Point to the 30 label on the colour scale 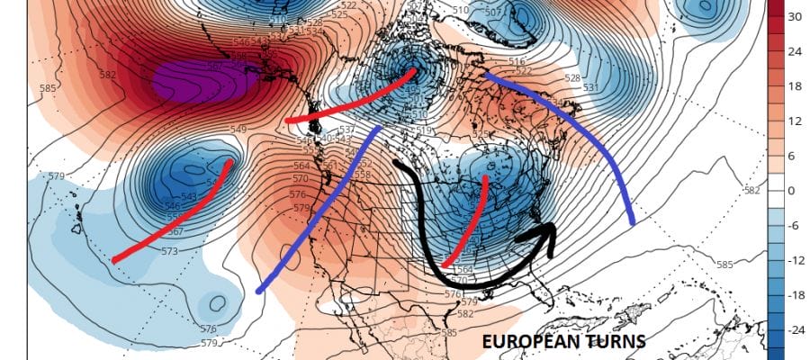(x=796, y=16)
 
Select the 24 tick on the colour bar (x=796, y=50)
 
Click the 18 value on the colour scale (x=796, y=85)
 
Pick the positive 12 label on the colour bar (x=796, y=121)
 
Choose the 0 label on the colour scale (x=792, y=191)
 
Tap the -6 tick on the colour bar (x=794, y=226)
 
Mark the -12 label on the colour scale (x=796, y=261)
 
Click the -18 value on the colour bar (x=796, y=295)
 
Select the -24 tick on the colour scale (x=796, y=330)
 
